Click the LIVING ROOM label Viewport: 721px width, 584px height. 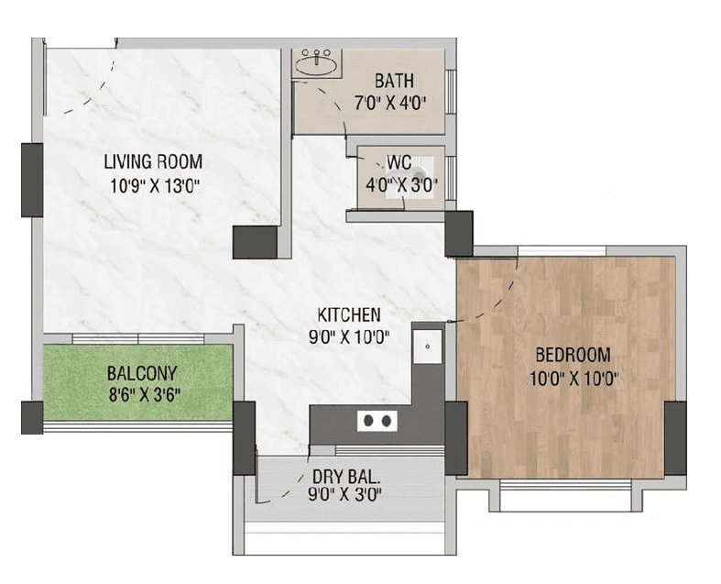coord(152,162)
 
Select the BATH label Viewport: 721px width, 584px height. coord(392,81)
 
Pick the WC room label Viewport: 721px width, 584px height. coord(398,162)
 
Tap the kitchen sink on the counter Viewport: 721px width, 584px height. coord(425,347)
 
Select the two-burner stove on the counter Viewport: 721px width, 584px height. coord(377,421)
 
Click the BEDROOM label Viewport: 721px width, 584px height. coord(568,355)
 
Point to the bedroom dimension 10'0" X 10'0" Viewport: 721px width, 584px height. coord(568,378)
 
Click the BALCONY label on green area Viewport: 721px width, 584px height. coord(141,374)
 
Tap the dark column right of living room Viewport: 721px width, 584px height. coord(254,242)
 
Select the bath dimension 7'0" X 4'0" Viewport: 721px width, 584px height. coord(392,103)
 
